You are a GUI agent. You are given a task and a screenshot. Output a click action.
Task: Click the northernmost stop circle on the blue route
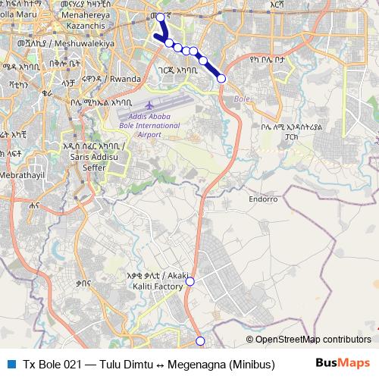(x=160, y=17)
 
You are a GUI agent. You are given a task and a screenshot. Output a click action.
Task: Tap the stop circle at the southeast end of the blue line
(x=221, y=78)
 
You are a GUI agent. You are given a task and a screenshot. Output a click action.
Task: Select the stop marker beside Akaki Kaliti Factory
(x=190, y=281)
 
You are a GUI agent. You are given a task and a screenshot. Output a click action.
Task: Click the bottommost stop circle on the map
(x=200, y=341)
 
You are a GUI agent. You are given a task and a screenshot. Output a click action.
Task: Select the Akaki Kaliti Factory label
(x=159, y=283)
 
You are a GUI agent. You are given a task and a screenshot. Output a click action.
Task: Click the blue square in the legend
(x=11, y=364)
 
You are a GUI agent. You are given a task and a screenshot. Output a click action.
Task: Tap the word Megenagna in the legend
(x=197, y=364)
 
